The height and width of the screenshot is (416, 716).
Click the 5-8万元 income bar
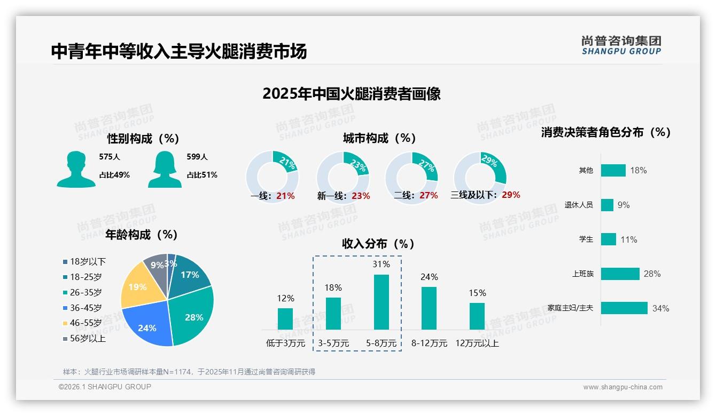tap(381, 302)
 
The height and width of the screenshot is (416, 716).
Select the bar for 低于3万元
tap(285, 318)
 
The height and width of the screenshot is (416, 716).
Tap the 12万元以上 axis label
tap(477, 343)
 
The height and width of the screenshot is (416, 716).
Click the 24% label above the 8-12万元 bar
tap(429, 277)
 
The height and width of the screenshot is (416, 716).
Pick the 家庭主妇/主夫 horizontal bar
tap(624, 308)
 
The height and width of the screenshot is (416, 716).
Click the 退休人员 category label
tap(579, 205)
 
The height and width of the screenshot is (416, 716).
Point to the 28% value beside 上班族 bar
tap(652, 274)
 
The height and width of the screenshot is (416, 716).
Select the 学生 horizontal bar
tap(608, 239)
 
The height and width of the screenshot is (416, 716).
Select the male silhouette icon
tap(76, 169)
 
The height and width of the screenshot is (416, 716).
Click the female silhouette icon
tap(165, 169)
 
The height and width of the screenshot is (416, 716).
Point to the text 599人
tap(197, 157)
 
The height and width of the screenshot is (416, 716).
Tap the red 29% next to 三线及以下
tap(511, 195)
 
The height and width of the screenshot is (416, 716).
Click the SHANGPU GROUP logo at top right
tap(621, 45)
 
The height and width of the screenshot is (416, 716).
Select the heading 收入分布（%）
tap(378, 244)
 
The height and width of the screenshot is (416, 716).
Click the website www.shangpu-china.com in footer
tap(622, 387)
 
